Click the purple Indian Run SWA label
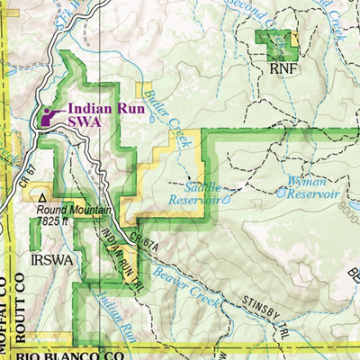(x=101, y=112)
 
